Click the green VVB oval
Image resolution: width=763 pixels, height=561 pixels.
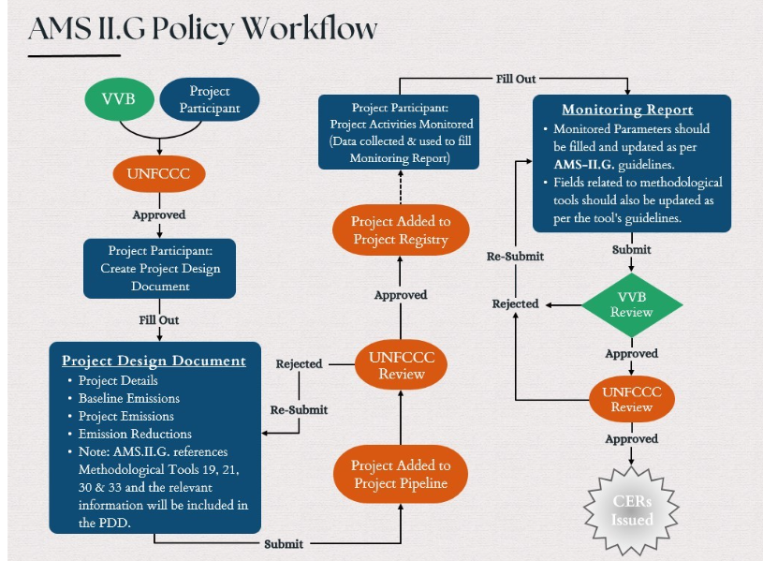(119, 99)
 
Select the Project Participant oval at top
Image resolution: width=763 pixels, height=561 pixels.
(210, 99)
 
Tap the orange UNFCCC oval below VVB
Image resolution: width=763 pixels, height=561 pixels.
(159, 174)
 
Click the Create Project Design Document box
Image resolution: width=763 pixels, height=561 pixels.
(159, 269)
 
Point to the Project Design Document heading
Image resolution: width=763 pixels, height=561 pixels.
(154, 361)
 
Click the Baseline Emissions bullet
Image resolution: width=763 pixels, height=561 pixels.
(129, 398)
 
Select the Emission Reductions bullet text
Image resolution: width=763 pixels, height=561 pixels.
(135, 434)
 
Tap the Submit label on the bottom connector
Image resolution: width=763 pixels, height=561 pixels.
(284, 544)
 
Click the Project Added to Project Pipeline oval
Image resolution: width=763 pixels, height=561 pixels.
(401, 474)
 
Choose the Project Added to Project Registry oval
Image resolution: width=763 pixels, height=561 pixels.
(401, 229)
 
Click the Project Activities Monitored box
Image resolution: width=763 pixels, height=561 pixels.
(399, 132)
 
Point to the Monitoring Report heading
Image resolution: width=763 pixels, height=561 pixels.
(627, 110)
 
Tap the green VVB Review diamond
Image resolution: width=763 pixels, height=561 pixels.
(632, 304)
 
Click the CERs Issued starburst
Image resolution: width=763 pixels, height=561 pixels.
(632, 510)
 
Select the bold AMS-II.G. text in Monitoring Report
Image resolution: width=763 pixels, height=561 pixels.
(583, 165)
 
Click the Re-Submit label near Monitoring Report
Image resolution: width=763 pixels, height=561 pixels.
(515, 257)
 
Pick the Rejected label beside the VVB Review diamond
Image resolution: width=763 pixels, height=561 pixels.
(515, 303)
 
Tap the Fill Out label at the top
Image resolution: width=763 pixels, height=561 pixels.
(516, 79)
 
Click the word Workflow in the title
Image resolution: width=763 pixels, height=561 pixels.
(310, 28)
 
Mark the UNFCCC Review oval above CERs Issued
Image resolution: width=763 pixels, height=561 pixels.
(632, 399)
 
